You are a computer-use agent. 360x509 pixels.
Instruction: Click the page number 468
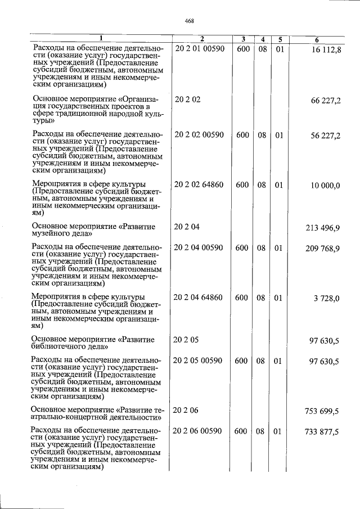pos(189,21)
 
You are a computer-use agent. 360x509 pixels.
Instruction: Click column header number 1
pos(101,39)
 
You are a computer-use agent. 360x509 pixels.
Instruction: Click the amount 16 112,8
pos(326,51)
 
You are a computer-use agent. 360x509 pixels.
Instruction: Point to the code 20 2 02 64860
pos(199,185)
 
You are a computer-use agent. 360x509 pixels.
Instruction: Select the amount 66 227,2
pos(326,100)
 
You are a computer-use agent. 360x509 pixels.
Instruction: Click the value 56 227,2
pos(326,136)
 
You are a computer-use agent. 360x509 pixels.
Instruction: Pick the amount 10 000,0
pos(326,186)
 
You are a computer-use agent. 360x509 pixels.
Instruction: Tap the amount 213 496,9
pos(324,227)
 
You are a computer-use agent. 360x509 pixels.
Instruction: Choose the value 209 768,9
pos(324,248)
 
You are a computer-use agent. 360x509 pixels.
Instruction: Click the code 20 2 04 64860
pos(199,298)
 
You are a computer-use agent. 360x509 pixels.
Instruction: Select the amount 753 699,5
pos(324,411)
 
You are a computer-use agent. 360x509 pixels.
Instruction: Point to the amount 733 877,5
pos(324,432)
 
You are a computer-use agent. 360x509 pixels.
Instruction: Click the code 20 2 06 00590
pos(199,431)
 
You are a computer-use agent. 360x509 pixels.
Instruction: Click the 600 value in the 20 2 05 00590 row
pos(241,361)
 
